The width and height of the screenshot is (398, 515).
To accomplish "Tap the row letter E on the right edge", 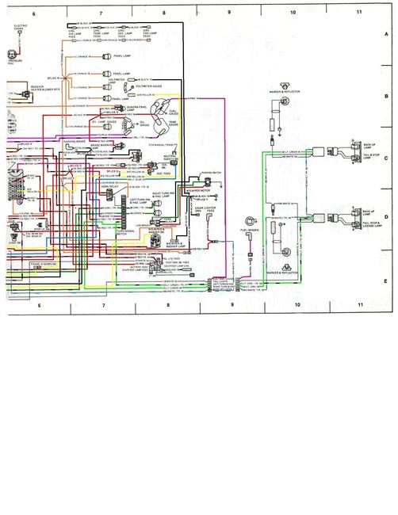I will [386, 280].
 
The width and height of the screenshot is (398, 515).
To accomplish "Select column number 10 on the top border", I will [293, 13].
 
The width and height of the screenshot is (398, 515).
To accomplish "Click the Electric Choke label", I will [21, 29].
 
